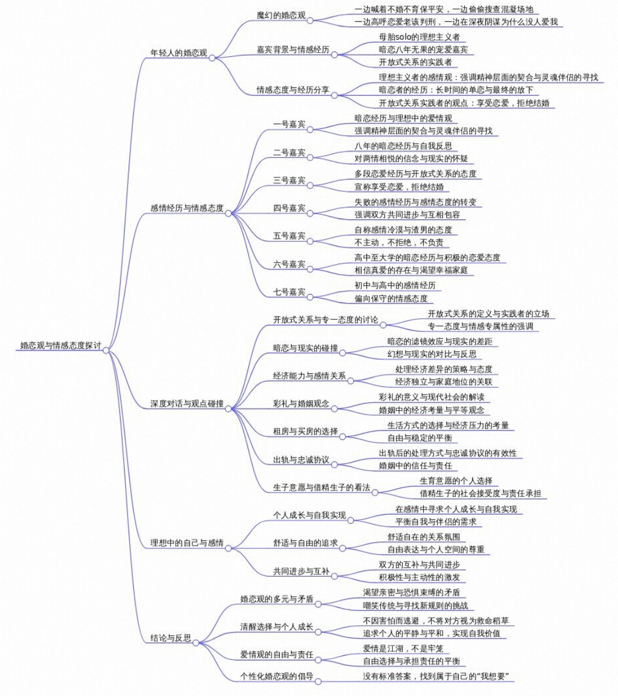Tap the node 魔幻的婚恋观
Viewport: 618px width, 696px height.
(281, 15)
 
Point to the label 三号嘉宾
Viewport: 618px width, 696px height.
(289, 180)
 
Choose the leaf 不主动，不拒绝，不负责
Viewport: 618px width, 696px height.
(399, 242)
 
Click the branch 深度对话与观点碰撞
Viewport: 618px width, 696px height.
(187, 404)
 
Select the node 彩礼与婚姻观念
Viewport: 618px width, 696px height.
(301, 403)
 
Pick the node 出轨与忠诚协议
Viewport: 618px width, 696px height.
(301, 459)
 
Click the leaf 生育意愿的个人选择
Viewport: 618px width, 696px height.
(455, 481)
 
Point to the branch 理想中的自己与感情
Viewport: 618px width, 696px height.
(187, 543)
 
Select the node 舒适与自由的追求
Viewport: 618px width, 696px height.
(305, 543)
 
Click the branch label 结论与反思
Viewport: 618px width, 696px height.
(171, 637)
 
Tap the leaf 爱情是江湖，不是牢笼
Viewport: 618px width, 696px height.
(403, 648)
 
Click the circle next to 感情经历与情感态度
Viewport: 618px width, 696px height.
(228, 213)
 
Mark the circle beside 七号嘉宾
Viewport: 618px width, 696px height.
(310, 297)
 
